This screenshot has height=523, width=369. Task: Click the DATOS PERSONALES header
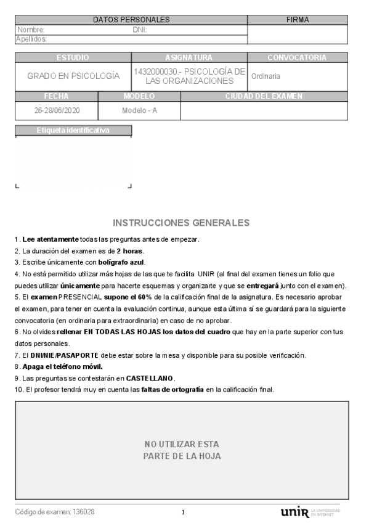[131, 20]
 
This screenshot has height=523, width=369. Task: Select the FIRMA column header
[298, 20]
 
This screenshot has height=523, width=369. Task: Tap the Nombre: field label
[31, 30]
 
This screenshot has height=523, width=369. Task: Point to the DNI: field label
[139, 30]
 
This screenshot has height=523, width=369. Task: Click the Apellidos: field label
[31, 39]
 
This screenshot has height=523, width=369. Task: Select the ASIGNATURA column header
[189, 57]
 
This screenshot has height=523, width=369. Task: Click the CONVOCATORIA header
[296, 57]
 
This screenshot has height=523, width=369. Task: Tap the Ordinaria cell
[266, 76]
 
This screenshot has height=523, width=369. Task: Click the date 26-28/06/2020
[57, 111]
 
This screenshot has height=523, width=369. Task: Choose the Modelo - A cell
[139, 111]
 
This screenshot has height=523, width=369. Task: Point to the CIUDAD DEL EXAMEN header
[264, 96]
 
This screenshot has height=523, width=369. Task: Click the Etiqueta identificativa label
[73, 131]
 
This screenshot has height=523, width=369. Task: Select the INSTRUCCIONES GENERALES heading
[181, 223]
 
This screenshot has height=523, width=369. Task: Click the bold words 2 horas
[131, 250]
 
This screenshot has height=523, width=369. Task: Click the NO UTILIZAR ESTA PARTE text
[182, 450]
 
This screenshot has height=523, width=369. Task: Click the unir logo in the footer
[294, 513]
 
